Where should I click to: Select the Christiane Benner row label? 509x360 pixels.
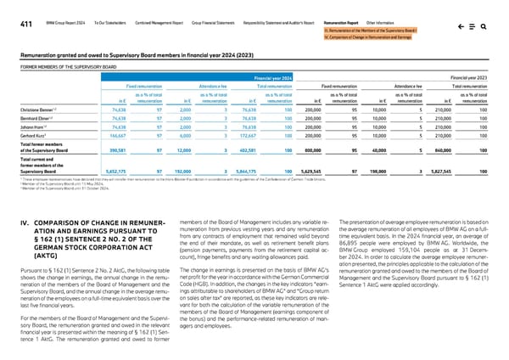pos(30,110)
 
